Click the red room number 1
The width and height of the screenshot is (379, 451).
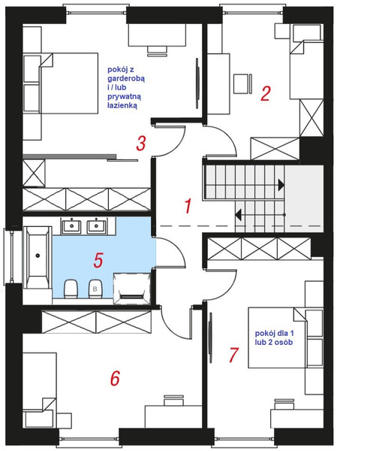tap(188, 206)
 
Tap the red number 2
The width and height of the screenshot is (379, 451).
tap(266, 93)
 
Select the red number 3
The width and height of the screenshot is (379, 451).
tap(141, 144)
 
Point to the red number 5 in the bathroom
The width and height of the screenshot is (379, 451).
tap(98, 260)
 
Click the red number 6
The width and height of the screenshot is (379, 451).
tap(115, 378)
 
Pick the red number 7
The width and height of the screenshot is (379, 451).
tap(233, 355)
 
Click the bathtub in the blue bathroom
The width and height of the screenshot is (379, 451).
tap(38, 257)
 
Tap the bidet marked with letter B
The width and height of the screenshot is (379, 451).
tap(95, 289)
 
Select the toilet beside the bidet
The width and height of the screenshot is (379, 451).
tap(71, 289)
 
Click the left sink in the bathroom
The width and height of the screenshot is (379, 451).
tap(71, 225)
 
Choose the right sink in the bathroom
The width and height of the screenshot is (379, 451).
tap(97, 225)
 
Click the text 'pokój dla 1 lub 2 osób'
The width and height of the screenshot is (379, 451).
tap(274, 337)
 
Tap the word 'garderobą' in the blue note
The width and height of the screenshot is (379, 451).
tap(126, 78)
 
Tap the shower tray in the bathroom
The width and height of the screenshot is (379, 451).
tap(132, 289)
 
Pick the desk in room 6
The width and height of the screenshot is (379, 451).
tap(173, 416)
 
